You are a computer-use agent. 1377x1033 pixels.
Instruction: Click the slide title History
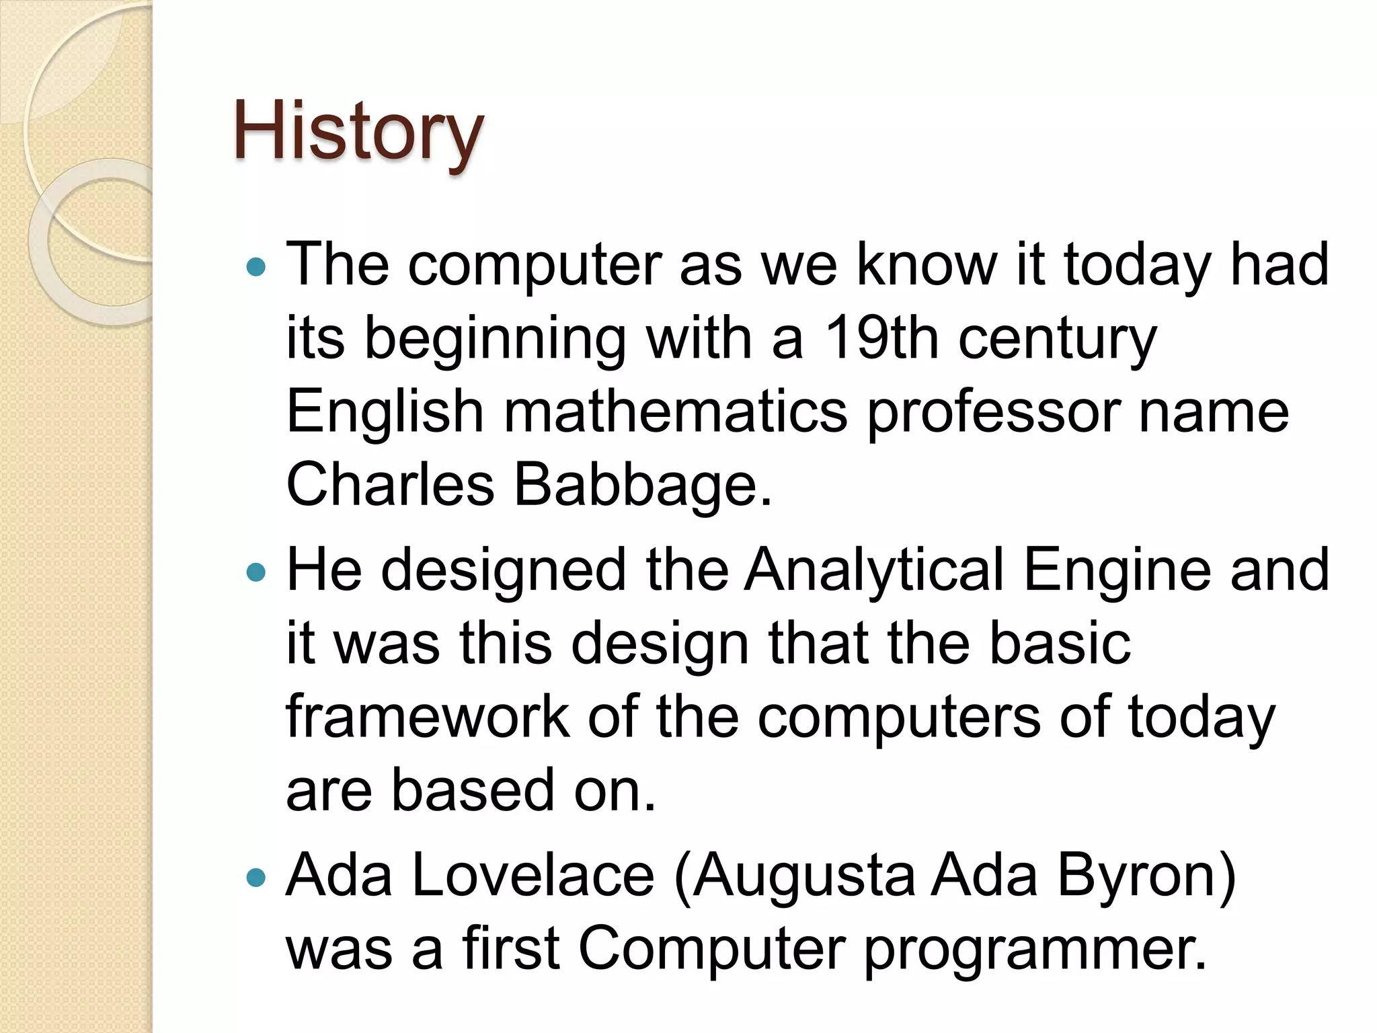358,132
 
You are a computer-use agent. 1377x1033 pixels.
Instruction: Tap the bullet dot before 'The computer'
256,268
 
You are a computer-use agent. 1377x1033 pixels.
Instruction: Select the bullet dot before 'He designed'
256,572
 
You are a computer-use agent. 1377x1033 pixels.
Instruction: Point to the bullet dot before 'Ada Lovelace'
256,877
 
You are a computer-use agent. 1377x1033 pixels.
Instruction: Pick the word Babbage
643,485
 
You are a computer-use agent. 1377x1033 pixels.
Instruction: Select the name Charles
390,485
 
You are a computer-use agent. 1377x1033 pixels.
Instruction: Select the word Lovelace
533,876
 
